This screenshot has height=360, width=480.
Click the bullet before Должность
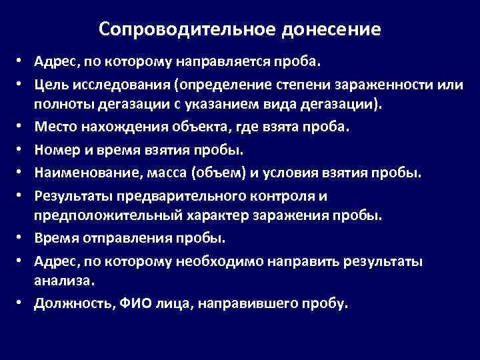(x=23, y=304)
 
